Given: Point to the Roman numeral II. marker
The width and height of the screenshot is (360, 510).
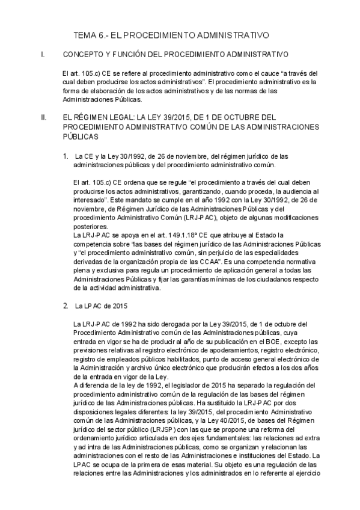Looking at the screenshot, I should point(43,117).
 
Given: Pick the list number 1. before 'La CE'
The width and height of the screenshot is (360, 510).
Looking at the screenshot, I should point(66,156).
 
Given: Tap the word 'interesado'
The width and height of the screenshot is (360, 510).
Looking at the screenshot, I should point(91,199).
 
